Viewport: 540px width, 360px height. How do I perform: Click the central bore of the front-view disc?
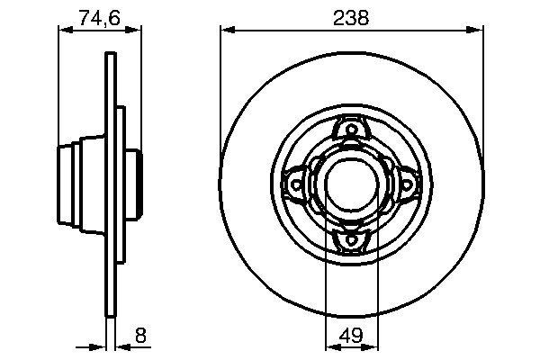(x=349, y=184)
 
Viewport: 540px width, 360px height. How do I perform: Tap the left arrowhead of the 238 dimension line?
(x=226, y=31)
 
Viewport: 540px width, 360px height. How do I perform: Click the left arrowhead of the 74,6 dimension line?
(x=63, y=31)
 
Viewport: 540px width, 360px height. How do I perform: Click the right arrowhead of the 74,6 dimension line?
(x=137, y=31)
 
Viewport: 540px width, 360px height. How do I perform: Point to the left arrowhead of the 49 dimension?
(x=328, y=346)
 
